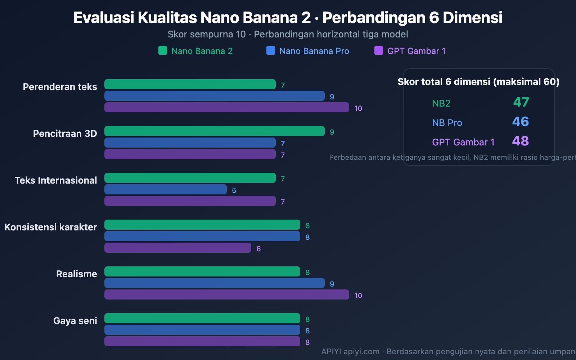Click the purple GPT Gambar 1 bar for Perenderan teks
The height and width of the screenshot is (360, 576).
(x=227, y=107)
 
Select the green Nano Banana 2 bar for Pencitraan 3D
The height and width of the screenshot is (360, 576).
(x=215, y=131)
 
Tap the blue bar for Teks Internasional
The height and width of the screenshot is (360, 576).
(x=166, y=189)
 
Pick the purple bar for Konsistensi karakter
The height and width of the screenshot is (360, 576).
(x=178, y=248)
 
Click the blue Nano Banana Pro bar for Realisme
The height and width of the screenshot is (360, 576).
(x=215, y=283)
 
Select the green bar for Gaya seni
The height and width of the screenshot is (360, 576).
(x=202, y=318)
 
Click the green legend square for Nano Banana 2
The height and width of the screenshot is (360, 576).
(x=163, y=50)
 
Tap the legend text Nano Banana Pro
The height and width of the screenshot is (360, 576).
(x=314, y=51)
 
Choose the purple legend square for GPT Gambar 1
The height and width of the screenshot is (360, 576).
(x=379, y=50)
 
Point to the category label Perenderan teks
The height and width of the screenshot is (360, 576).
(x=60, y=87)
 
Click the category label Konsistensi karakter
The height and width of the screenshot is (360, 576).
(x=51, y=227)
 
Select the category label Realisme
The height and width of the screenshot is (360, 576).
(x=76, y=274)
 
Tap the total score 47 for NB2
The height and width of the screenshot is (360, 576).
(x=521, y=102)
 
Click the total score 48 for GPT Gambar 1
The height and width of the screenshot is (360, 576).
(x=521, y=141)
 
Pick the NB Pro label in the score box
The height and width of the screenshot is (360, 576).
(x=447, y=123)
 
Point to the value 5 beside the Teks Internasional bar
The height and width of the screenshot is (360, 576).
(x=234, y=190)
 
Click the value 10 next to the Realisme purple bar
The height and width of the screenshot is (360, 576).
(x=358, y=296)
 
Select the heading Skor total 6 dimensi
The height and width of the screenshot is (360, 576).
(x=478, y=82)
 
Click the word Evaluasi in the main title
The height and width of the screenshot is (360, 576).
(x=104, y=18)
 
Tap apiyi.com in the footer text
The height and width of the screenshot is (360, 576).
(x=361, y=351)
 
